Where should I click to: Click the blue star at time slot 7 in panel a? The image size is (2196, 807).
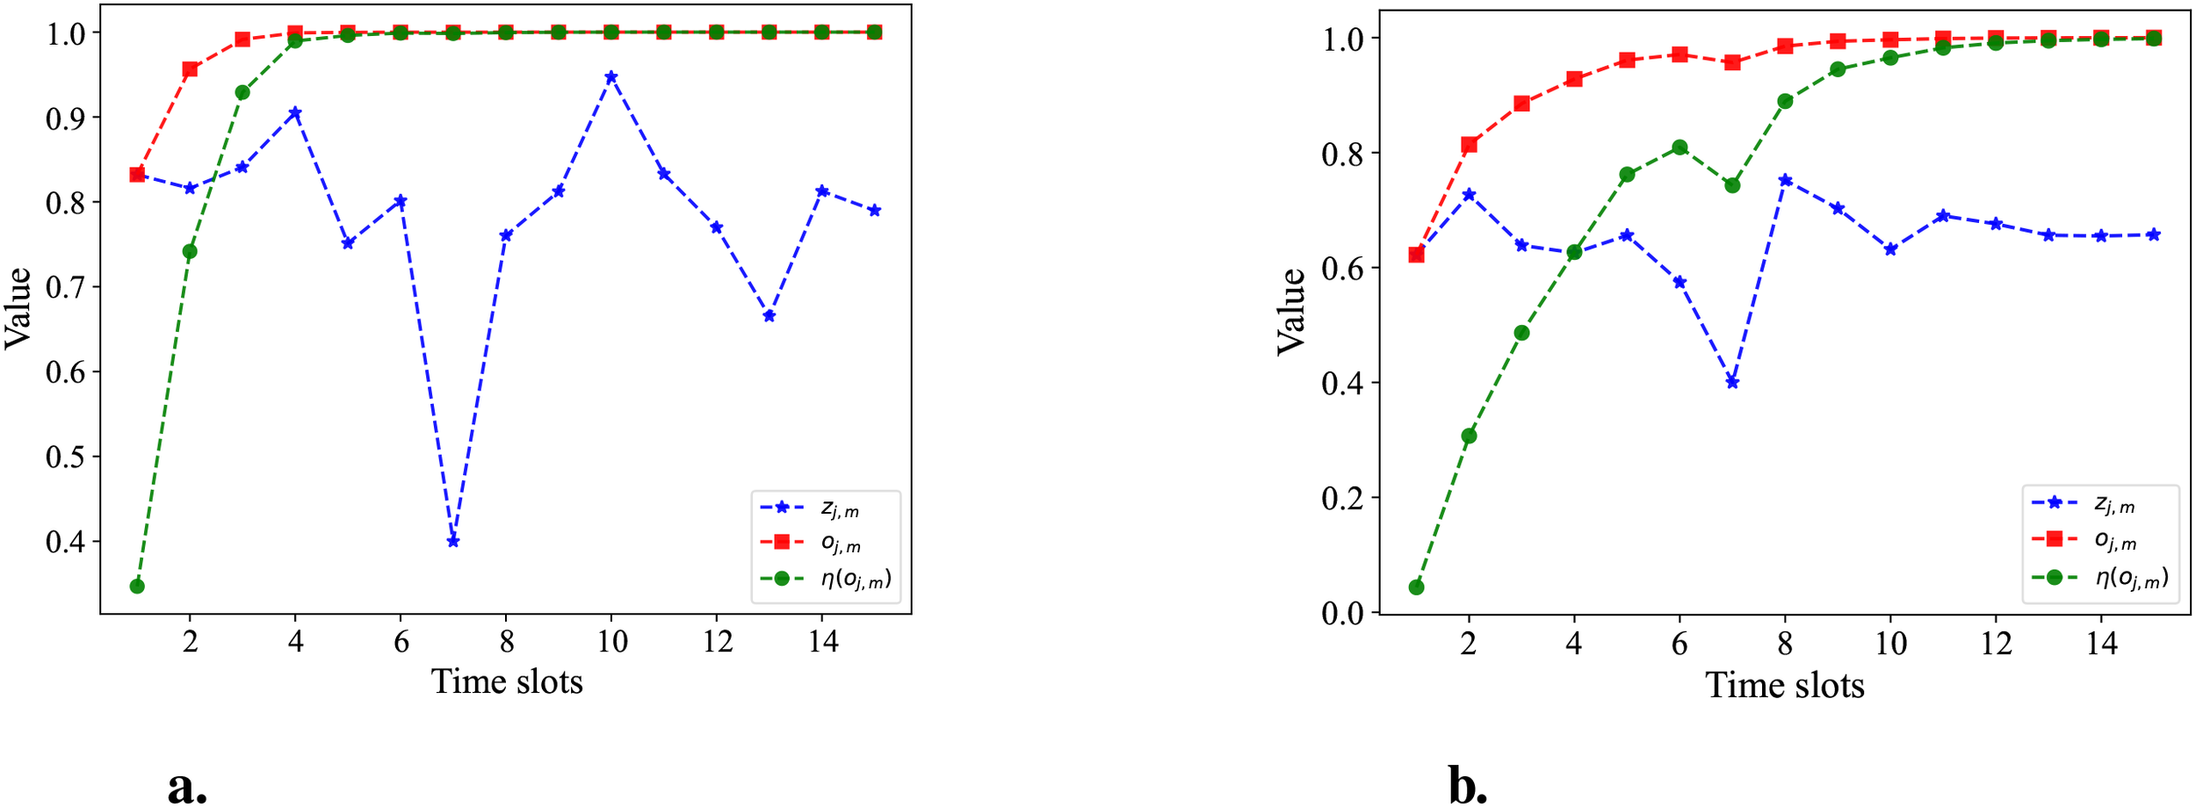coord(453,541)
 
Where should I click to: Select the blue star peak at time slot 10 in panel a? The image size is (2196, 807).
coord(611,77)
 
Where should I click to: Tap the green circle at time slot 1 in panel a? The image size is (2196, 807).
coord(137,586)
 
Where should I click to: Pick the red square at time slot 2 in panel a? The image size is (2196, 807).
coord(190,69)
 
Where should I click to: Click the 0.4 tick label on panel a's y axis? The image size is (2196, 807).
coord(66,542)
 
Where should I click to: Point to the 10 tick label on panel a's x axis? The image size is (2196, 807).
coord(611,642)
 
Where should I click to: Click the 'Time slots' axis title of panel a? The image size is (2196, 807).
coord(507,681)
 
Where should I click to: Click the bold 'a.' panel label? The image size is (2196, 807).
coord(187,785)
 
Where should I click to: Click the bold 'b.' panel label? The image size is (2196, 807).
coord(1468,785)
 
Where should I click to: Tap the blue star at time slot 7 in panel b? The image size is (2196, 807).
coord(1732,382)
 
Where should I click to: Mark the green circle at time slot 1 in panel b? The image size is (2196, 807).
coord(1416,587)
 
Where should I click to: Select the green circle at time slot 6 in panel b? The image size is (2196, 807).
coord(1680,148)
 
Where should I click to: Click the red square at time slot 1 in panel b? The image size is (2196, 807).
coord(1416,255)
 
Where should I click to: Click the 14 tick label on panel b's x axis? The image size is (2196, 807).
coord(2101,644)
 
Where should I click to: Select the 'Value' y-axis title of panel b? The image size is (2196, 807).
coord(1291,312)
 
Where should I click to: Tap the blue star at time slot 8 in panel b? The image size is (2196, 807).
coord(1785,180)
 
